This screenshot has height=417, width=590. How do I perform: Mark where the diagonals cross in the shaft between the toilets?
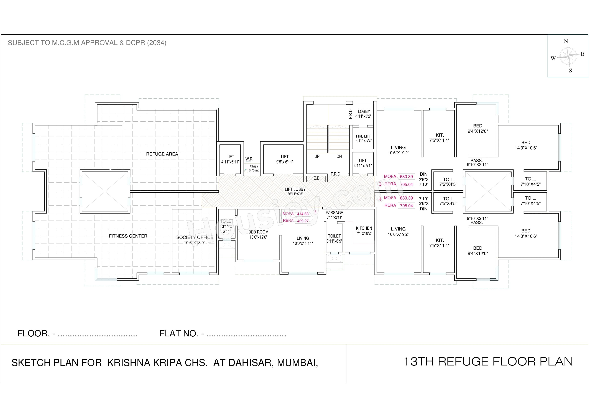488,191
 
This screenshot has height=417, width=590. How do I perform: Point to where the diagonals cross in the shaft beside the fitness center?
105,191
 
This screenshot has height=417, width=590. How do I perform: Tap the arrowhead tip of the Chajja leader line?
246,170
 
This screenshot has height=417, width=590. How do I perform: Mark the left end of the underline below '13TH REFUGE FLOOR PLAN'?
403,368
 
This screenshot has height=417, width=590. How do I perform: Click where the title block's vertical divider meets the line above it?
346,344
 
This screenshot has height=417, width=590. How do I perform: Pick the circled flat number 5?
316,212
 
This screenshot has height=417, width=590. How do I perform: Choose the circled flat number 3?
380,184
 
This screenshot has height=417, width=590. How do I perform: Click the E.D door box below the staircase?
317,178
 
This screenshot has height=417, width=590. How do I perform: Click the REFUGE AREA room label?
162,154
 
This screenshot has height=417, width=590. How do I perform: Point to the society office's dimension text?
195,242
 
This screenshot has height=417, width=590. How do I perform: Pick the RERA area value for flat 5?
303,221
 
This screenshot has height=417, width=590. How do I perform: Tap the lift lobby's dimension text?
295,194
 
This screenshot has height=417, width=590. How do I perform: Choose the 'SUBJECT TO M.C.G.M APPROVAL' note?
87,43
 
